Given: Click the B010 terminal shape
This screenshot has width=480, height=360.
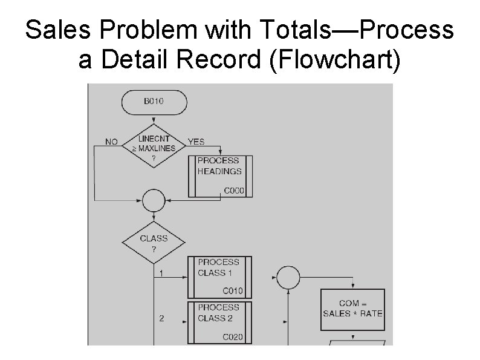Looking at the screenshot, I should (x=153, y=102).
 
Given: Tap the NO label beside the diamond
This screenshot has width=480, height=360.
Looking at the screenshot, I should (x=112, y=142).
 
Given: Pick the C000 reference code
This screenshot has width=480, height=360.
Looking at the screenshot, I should (x=234, y=191).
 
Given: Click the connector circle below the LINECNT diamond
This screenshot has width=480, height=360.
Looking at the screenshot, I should (x=154, y=199).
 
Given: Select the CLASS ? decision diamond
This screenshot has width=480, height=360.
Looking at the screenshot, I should (x=154, y=243).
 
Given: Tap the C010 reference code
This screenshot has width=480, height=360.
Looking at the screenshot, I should (x=233, y=291).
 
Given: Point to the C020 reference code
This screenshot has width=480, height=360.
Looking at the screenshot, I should (x=233, y=336).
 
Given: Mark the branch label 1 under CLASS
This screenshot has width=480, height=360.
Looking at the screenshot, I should (x=161, y=273).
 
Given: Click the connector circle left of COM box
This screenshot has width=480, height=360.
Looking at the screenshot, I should (x=288, y=278).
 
